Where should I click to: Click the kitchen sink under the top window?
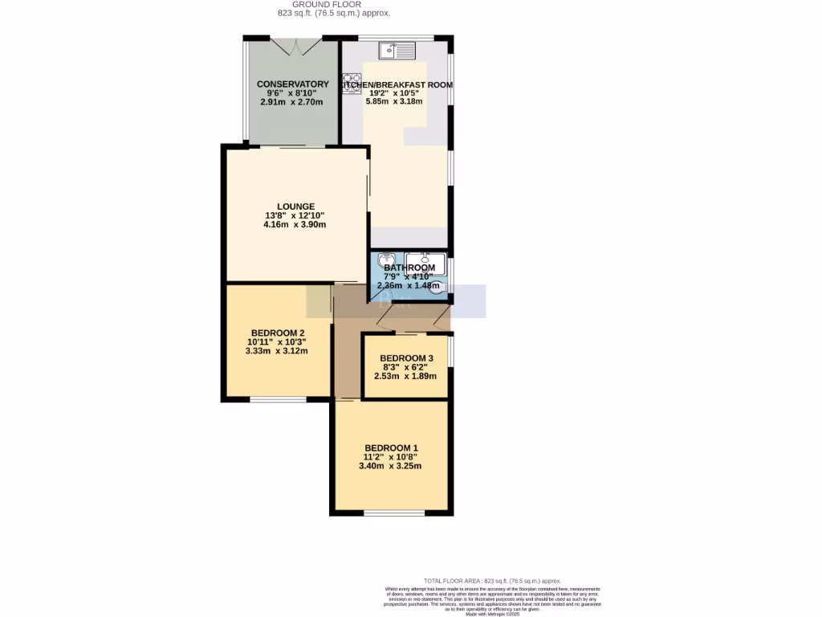coord(398,51)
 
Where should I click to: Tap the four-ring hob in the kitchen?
coord(352,84)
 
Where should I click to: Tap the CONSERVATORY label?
coord(292,84)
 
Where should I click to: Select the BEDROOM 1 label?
coord(391,447)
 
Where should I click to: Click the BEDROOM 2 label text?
coord(277,333)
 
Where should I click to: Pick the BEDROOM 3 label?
coord(406,358)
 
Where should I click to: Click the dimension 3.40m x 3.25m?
coord(391,466)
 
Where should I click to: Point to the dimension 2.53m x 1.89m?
coord(406,376)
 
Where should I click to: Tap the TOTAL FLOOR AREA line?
coord(492,580)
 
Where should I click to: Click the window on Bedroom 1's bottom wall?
coord(393,512)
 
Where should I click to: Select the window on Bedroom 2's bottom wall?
coord(277,399)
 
